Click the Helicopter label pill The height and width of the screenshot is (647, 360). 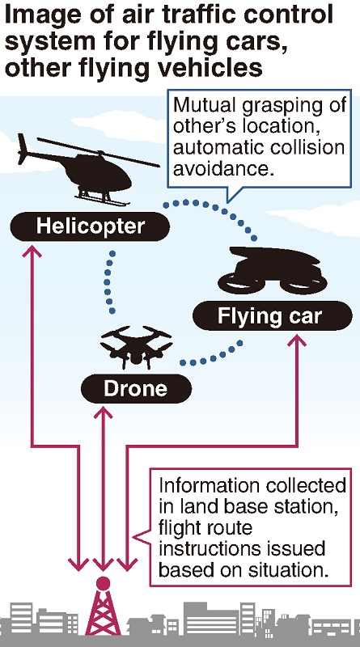[90, 226]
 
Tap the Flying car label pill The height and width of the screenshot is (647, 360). [273, 315]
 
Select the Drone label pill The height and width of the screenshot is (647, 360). [136, 388]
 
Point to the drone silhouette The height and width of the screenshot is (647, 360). [136, 347]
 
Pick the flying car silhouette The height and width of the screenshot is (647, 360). [273, 270]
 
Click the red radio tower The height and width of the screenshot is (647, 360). [103, 611]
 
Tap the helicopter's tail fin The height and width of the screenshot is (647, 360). [23, 150]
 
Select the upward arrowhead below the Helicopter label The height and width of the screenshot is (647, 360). [32, 251]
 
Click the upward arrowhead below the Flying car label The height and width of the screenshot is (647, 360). [296, 340]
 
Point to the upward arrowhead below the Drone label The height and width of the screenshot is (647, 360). [103, 413]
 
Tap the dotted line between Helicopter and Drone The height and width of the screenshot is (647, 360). [109, 281]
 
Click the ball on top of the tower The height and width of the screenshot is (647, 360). [103, 583]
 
